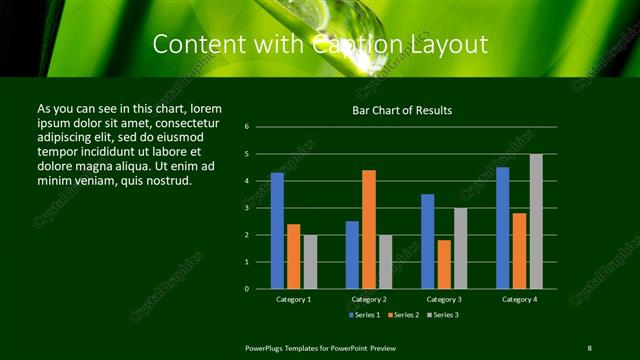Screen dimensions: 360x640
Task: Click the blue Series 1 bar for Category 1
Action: pyautogui.click(x=277, y=231)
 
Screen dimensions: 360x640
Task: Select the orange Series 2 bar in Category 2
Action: pyautogui.click(x=369, y=229)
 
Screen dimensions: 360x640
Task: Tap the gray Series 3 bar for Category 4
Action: pyautogui.click(x=536, y=221)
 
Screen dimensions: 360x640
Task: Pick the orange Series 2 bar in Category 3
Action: pyautogui.click(x=444, y=264)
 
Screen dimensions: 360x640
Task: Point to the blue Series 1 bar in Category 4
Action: pyautogui.click(x=503, y=228)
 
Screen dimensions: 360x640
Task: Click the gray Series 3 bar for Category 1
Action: pyautogui.click(x=310, y=261)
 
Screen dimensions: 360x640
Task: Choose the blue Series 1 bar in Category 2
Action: pyautogui.click(x=352, y=255)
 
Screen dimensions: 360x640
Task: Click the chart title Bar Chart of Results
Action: pyautogui.click(x=403, y=110)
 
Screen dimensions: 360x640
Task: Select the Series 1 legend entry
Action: pyautogui.click(x=366, y=315)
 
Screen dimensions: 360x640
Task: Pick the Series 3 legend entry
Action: pyautogui.click(x=442, y=315)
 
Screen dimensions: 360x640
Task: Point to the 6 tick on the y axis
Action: pyautogui.click(x=260, y=127)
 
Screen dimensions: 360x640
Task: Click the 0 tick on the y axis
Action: pyautogui.click(x=260, y=289)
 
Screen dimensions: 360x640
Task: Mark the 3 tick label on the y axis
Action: pyautogui.click(x=260, y=208)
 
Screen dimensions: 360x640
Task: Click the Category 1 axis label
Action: pyautogui.click(x=294, y=299)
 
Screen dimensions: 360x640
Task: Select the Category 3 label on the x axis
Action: pyautogui.click(x=444, y=299)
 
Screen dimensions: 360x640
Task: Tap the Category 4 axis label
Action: pyautogui.click(x=519, y=299)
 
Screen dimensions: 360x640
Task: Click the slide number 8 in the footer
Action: pyautogui.click(x=589, y=347)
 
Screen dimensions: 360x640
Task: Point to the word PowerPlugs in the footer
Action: pyautogui.click(x=266, y=347)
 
